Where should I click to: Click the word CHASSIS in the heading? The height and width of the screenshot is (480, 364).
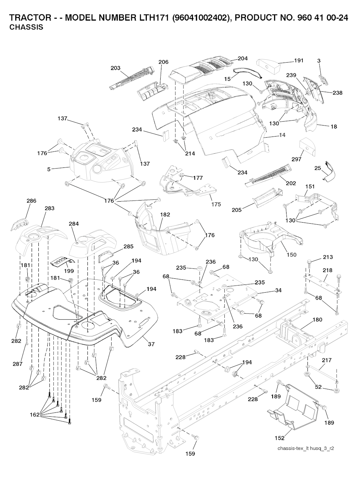coord(26,27)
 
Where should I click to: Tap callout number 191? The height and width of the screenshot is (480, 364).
coord(299,60)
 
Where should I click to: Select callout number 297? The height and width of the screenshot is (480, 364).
coord(296,159)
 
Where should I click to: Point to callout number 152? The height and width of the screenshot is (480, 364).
coord(280,438)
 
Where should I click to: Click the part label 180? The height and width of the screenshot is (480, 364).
coord(317,320)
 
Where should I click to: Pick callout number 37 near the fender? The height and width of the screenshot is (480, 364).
coord(151,344)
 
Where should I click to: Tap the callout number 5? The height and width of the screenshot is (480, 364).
coord(49,169)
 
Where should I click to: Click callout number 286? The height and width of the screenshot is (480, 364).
coord(32,201)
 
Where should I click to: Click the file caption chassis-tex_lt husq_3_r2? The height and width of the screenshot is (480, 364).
coord(305,448)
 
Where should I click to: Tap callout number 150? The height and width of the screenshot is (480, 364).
coord(291,255)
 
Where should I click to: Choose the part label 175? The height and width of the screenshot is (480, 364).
coord(216,204)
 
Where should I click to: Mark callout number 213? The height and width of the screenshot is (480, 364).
coord(328,257)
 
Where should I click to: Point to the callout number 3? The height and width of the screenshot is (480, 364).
coord(319,61)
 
